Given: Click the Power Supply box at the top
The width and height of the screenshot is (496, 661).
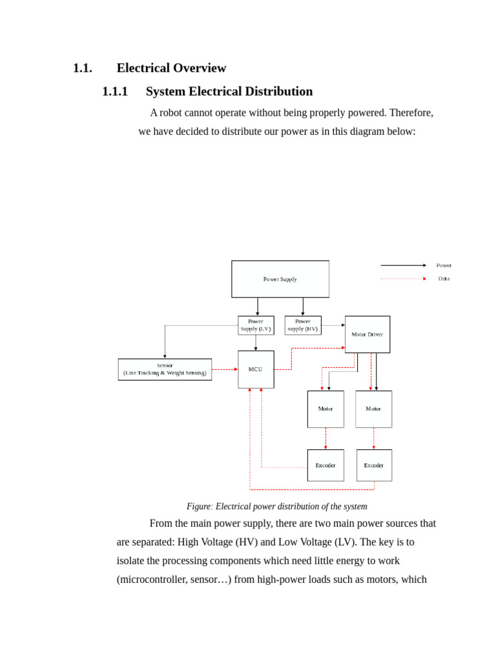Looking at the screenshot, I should [280, 279].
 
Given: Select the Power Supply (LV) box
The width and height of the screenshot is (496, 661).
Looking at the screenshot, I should [256, 325].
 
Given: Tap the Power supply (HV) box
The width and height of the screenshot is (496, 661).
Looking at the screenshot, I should [303, 325].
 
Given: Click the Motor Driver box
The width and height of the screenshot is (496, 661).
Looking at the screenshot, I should [367, 334].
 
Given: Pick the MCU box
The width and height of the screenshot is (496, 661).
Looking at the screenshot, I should [256, 369].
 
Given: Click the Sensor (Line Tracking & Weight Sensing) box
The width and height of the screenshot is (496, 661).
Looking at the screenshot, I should [165, 369].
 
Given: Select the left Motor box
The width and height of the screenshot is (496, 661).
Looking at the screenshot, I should [325, 409].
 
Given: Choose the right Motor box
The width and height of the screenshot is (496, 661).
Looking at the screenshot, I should [373, 409].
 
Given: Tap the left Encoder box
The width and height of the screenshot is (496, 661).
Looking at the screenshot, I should [325, 465].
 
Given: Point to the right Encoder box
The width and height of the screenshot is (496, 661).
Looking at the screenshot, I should [374, 465].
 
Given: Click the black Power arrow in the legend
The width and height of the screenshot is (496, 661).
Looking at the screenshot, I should [403, 265].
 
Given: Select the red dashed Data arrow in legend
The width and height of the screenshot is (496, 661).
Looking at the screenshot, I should [403, 279].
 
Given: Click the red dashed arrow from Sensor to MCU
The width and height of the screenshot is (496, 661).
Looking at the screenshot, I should [225, 369].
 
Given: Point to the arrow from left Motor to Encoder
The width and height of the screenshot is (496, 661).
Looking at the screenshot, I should [325, 438].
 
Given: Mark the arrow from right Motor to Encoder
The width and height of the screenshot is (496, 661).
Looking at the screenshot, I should [373, 438].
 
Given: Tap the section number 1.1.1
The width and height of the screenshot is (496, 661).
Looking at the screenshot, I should [115, 92].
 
